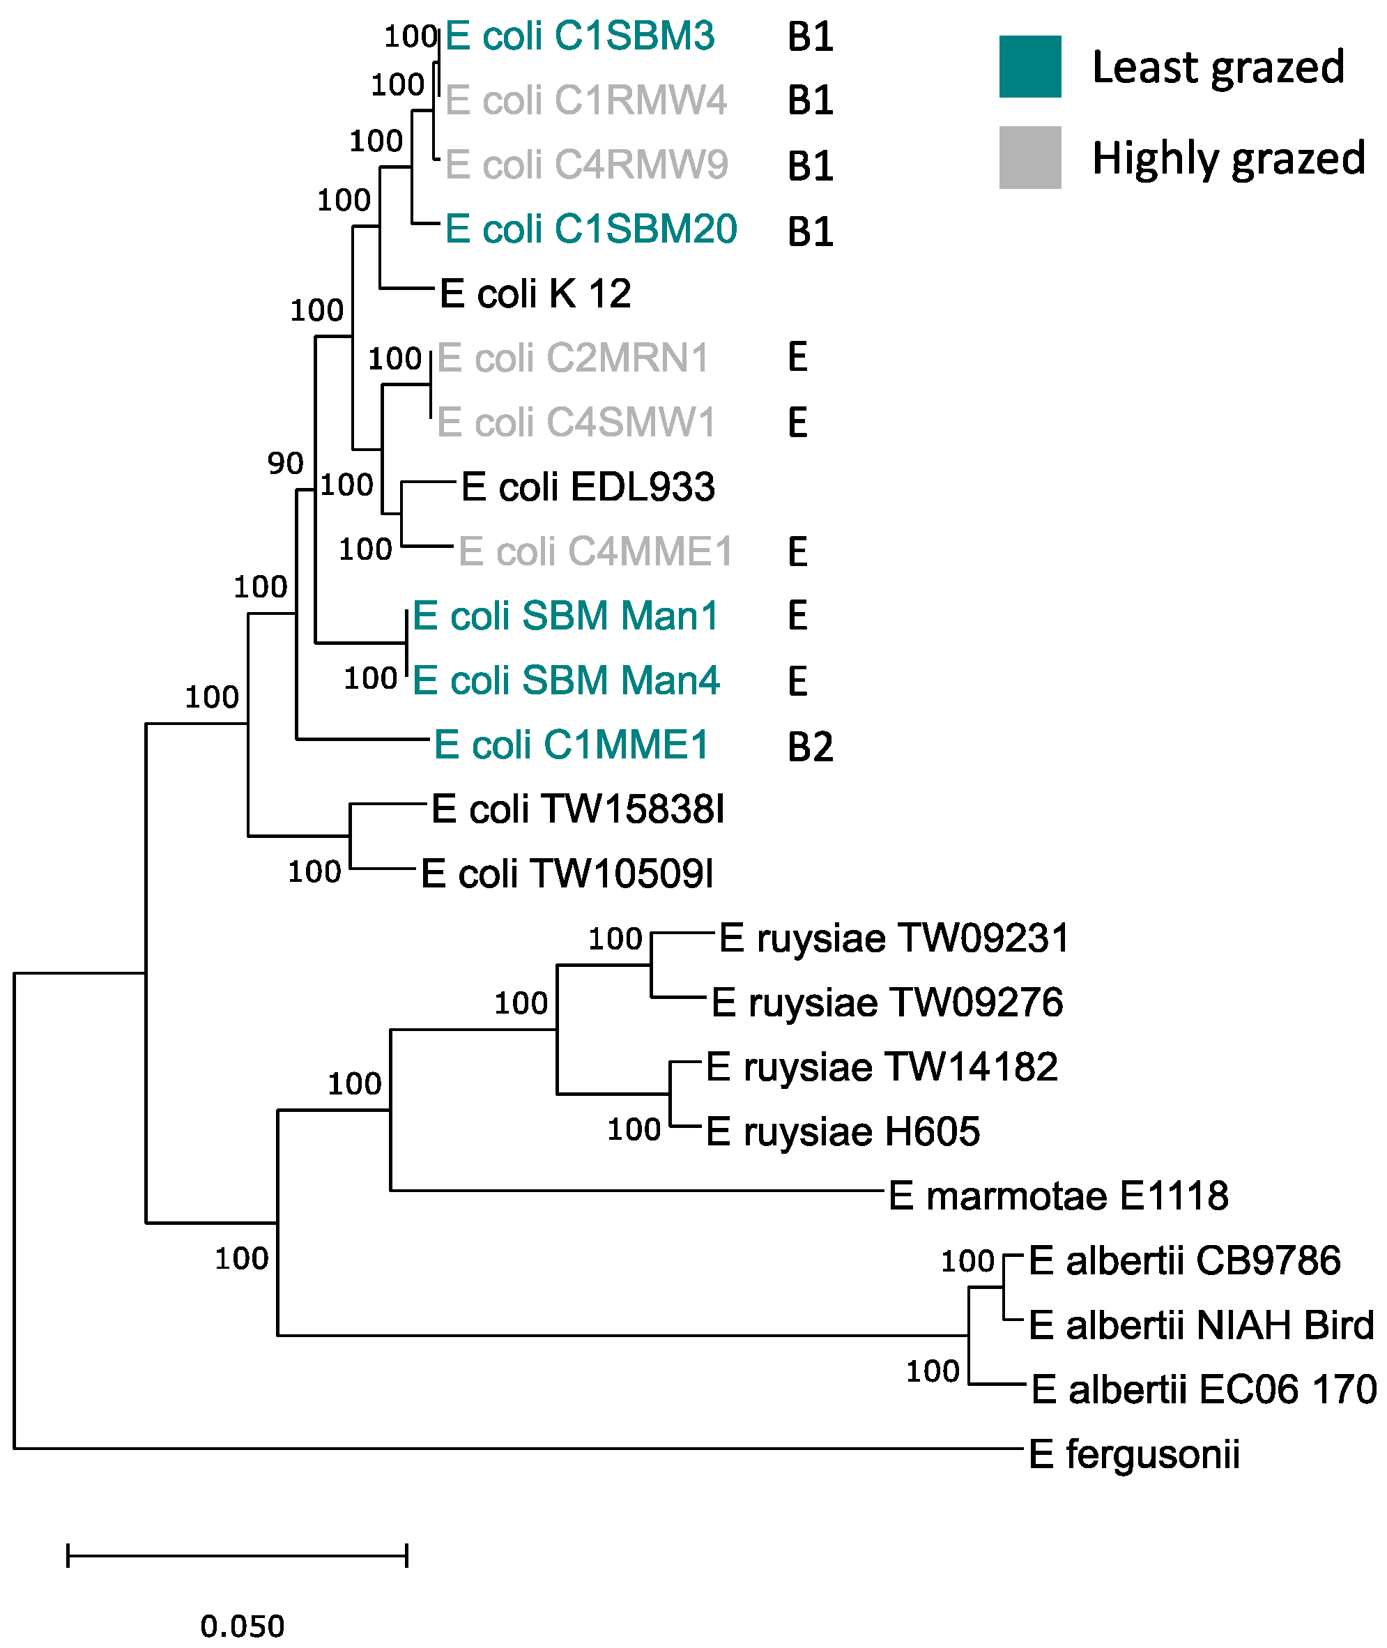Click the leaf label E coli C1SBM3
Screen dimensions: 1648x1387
pyautogui.click(x=579, y=36)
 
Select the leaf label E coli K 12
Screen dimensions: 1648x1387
pyautogui.click(x=535, y=294)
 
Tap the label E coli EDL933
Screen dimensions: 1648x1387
pyautogui.click(x=588, y=487)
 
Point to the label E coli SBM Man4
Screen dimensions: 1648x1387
pyautogui.click(x=565, y=680)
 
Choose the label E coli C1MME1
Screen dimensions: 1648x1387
pyautogui.click(x=571, y=745)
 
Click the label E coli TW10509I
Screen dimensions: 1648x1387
pyautogui.click(x=567, y=873)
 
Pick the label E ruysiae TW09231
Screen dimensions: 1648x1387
pyautogui.click(x=894, y=938)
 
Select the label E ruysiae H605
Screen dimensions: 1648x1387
pyautogui.click(x=842, y=1131)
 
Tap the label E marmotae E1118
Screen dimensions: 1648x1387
pyautogui.click(x=1057, y=1196)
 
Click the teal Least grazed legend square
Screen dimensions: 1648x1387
pyautogui.click(x=1029, y=67)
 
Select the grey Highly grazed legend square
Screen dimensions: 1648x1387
pyautogui.click(x=1029, y=158)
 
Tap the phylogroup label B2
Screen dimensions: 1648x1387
pyautogui.click(x=810, y=746)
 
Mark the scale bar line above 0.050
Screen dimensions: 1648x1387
pyautogui.click(x=237, y=1555)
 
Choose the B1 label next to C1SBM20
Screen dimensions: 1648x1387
pyautogui.click(x=810, y=231)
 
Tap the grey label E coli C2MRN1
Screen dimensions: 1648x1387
pyautogui.click(x=572, y=358)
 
